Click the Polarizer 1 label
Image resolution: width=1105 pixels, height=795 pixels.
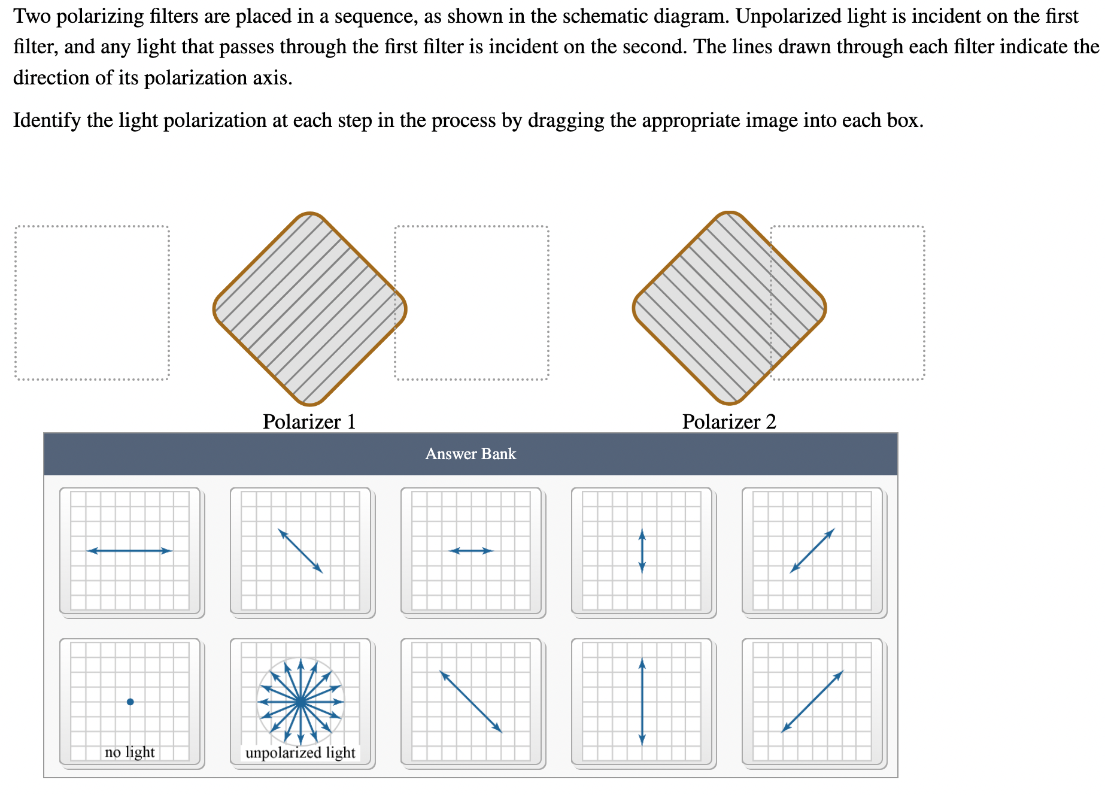click(309, 421)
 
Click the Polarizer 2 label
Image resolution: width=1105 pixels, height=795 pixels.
click(728, 421)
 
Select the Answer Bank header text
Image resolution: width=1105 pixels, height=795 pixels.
click(470, 454)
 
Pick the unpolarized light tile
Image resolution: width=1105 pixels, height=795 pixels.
click(300, 702)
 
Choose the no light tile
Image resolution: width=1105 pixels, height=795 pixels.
click(130, 702)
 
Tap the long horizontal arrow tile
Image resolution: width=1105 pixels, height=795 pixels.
click(130, 551)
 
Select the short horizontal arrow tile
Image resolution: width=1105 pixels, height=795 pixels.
click(471, 551)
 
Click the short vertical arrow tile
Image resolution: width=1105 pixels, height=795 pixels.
click(642, 551)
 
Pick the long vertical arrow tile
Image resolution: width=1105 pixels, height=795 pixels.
click(642, 702)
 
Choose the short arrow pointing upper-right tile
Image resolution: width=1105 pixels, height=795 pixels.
click(812, 551)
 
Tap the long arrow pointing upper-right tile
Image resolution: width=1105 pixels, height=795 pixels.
click(812, 702)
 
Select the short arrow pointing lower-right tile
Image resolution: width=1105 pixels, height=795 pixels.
click(300, 551)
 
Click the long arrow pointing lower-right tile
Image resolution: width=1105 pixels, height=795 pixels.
click(471, 702)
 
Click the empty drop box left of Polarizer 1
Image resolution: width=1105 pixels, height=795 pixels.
click(92, 303)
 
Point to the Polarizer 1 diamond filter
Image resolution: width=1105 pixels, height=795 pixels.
click(309, 309)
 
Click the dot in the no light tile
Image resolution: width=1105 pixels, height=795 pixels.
click(130, 702)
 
